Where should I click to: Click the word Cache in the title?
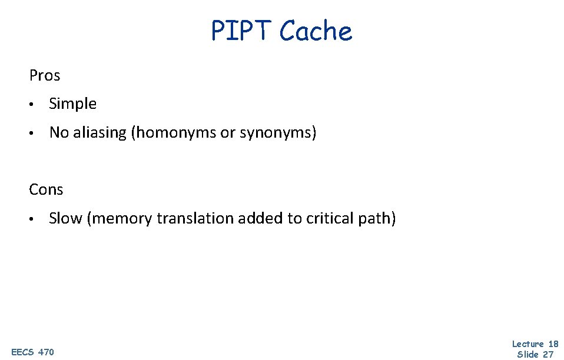tap(316, 31)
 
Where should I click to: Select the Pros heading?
tap(45, 76)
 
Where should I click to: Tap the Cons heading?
tap(46, 189)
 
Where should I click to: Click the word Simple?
tap(73, 104)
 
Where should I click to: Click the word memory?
tap(117, 219)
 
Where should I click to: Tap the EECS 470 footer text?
tap(32, 352)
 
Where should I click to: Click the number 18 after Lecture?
tap(552, 344)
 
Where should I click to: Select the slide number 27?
tap(548, 354)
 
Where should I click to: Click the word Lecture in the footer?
tap(528, 344)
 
